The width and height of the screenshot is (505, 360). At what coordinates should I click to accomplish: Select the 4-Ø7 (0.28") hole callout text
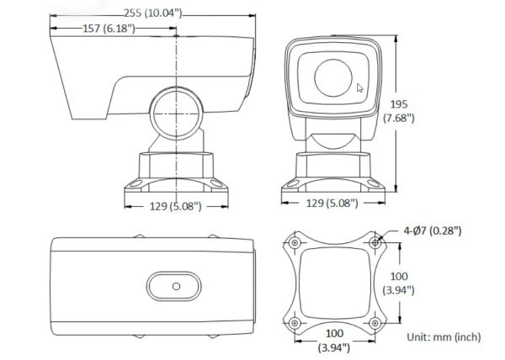(x=432, y=230)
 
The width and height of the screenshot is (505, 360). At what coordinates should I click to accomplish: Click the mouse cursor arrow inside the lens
(x=360, y=87)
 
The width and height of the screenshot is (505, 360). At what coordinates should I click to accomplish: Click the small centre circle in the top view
(x=176, y=285)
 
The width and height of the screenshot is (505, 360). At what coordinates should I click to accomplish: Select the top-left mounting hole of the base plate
(x=295, y=243)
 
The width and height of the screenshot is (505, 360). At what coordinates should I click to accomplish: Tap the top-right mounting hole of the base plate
(x=375, y=243)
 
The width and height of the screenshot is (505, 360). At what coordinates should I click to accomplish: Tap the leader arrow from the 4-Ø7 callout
(x=388, y=236)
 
